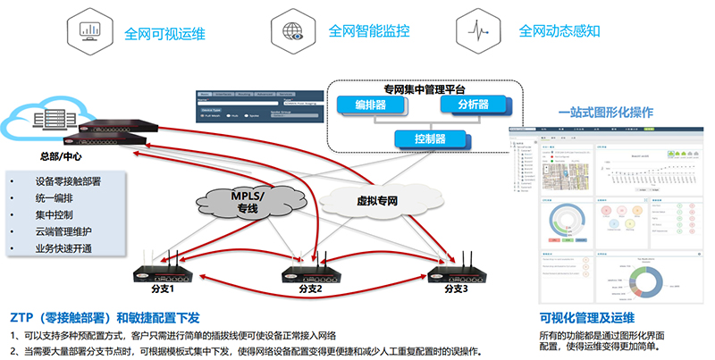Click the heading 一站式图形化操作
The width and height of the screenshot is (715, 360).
click(x=605, y=113)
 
